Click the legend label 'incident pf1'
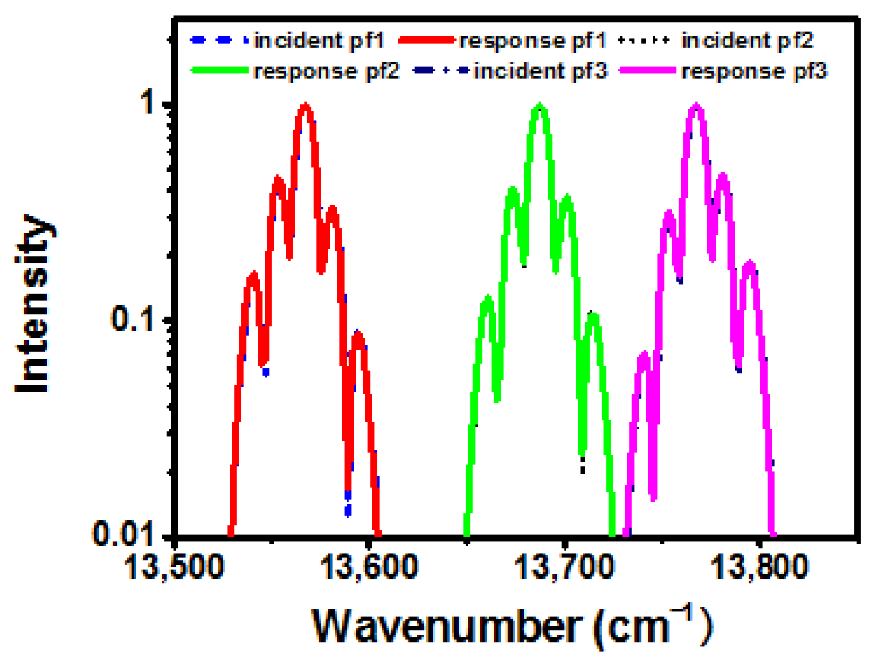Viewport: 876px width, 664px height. click(319, 41)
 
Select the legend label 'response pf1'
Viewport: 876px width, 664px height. click(532, 41)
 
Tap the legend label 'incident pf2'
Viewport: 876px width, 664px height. click(747, 41)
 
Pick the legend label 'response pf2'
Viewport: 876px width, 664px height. click(326, 71)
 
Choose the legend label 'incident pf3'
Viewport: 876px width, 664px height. click(541, 71)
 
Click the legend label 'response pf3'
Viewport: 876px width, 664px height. click(754, 71)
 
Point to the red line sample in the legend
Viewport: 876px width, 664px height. click(426, 41)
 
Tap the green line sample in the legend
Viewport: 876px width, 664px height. click(219, 71)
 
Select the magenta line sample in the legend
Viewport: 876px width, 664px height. click(648, 71)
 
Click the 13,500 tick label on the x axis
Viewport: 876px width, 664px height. click(173, 567)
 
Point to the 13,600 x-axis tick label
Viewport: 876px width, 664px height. click(369, 567)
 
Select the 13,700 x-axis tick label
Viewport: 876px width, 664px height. click(564, 567)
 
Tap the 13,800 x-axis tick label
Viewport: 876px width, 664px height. click(759, 567)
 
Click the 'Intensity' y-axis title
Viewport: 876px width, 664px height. click(34, 303)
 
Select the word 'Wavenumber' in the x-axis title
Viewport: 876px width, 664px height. click(447, 626)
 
